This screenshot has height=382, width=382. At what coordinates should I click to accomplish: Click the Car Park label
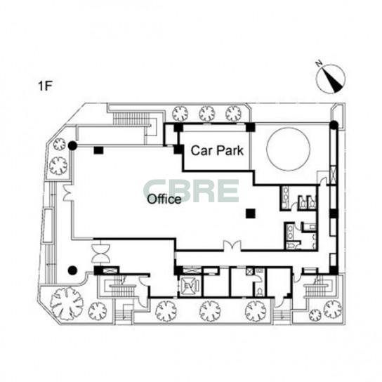(217, 150)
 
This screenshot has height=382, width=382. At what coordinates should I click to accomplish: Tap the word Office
(164, 199)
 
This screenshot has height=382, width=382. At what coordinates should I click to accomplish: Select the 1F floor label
(46, 86)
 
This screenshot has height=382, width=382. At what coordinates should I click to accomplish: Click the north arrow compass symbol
(331, 79)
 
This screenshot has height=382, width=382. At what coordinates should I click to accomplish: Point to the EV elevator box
(190, 285)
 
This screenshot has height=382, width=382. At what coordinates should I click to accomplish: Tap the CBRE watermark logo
(191, 191)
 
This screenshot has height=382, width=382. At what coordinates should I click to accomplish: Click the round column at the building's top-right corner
(334, 125)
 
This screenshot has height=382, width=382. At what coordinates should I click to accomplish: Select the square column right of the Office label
(251, 213)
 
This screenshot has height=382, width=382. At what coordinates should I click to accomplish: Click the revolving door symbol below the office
(100, 253)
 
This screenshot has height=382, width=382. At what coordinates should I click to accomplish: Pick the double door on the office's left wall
(67, 193)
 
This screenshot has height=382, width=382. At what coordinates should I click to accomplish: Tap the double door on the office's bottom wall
(232, 246)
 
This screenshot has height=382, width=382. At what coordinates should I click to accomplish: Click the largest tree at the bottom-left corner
(67, 304)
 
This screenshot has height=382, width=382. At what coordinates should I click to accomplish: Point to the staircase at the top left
(131, 119)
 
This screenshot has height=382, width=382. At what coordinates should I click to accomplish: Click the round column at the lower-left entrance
(72, 270)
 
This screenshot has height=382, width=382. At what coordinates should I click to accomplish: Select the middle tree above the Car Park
(207, 114)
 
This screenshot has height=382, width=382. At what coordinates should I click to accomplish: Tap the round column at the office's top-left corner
(72, 145)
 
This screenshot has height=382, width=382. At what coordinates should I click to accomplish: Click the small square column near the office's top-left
(98, 150)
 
